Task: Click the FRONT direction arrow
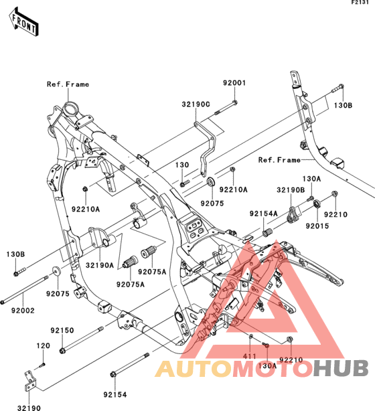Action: (x=24, y=22)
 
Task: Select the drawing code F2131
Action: (x=360, y=3)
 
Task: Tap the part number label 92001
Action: (x=234, y=83)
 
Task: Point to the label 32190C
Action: (x=196, y=104)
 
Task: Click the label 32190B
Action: (x=291, y=190)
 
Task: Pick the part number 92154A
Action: (x=263, y=214)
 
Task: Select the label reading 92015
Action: (x=317, y=226)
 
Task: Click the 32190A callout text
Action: (x=100, y=266)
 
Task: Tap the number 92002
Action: (x=23, y=311)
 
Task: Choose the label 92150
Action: (x=62, y=331)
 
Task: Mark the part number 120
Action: (x=43, y=346)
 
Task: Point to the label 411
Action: (x=249, y=356)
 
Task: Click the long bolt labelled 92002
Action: (x=24, y=290)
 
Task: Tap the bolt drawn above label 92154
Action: (x=129, y=365)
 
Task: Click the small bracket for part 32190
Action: (x=29, y=381)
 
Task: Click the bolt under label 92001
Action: (x=226, y=108)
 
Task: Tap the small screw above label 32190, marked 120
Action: (x=42, y=365)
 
